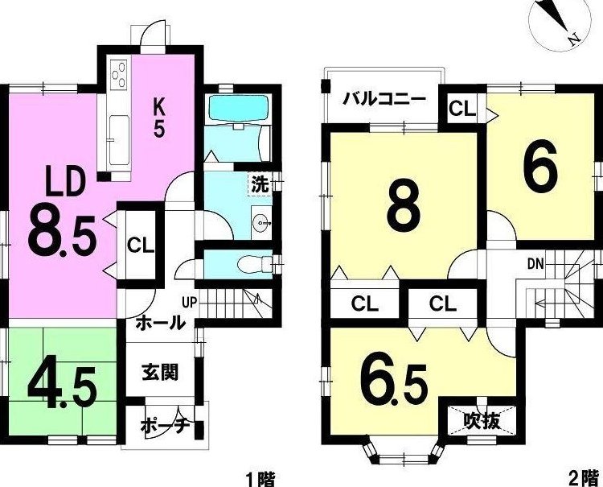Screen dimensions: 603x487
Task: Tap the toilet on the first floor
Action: point(255,265)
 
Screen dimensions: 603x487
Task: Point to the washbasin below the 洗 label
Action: point(261,222)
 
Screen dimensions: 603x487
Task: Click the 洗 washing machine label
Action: point(260,186)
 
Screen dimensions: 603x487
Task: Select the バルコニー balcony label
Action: point(385,99)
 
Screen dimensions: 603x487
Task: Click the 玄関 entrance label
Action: point(160,372)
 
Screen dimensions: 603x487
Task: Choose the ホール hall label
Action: point(160,323)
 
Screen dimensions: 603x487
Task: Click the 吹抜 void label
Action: point(482,422)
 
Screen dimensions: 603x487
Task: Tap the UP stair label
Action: point(189,303)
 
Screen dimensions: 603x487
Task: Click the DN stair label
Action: point(535,264)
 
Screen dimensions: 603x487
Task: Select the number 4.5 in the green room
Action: point(62,383)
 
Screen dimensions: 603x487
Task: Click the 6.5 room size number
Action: point(394,382)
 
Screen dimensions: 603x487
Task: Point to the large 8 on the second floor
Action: point(403,207)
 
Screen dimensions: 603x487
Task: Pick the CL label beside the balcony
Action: point(463,109)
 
